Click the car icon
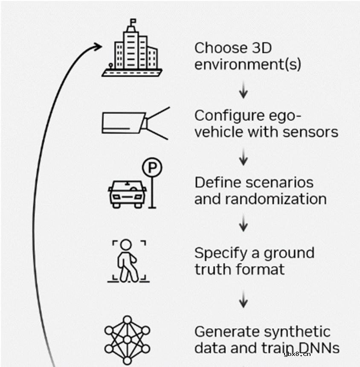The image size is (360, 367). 127,192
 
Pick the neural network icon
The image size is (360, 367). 127,341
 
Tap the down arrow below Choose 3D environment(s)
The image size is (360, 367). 243,91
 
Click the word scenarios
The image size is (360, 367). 280,182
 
